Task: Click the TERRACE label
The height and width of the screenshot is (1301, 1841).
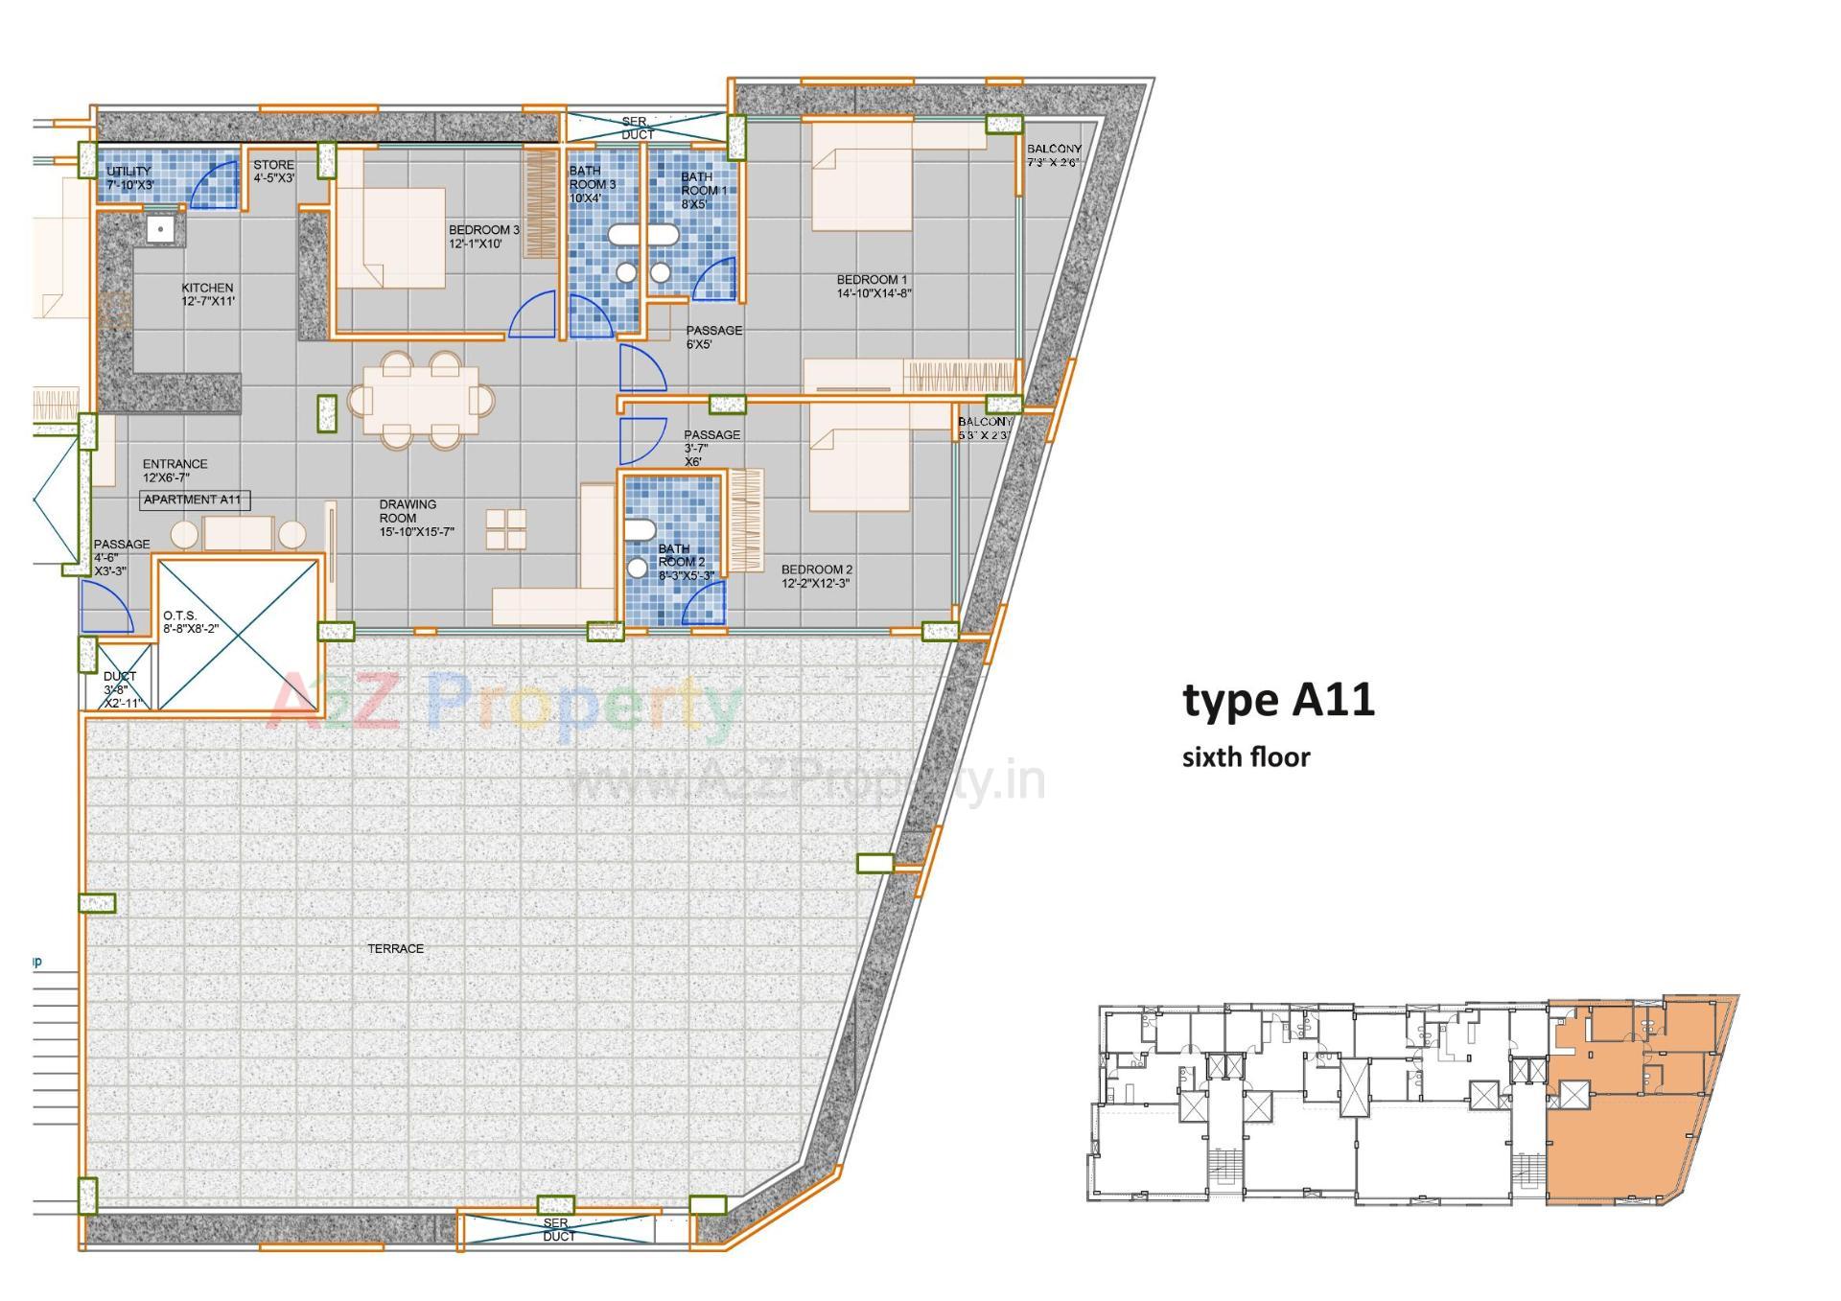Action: pos(395,948)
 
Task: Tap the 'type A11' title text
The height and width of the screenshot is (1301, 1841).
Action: pos(1278,701)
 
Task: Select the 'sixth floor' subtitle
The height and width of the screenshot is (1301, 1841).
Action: pos(1246,757)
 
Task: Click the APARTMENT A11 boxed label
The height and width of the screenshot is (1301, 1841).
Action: pos(195,499)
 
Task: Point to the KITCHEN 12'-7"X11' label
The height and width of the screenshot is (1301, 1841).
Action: pos(208,294)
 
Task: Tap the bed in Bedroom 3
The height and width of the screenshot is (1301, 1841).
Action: pos(390,238)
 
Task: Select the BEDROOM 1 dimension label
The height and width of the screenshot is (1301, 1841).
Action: pos(873,287)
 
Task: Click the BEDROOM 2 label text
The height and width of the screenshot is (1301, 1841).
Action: pos(816,576)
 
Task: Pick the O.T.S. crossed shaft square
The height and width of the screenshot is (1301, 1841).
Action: pos(237,635)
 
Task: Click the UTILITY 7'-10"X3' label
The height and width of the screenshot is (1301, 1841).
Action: pos(129,178)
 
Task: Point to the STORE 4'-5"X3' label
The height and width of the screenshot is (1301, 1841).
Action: pos(274,172)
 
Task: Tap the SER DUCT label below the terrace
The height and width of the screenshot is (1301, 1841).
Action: pos(557,1230)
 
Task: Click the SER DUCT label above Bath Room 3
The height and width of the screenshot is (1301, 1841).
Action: pos(636,128)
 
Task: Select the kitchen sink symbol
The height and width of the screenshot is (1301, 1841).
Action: pos(161,230)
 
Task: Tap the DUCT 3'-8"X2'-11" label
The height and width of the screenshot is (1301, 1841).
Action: pos(122,689)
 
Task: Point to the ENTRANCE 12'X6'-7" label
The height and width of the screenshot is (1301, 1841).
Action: pos(175,470)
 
